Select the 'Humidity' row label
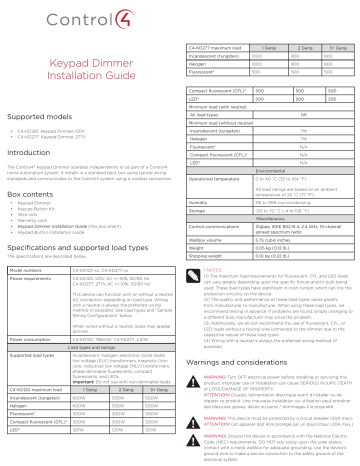pos(204,200)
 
